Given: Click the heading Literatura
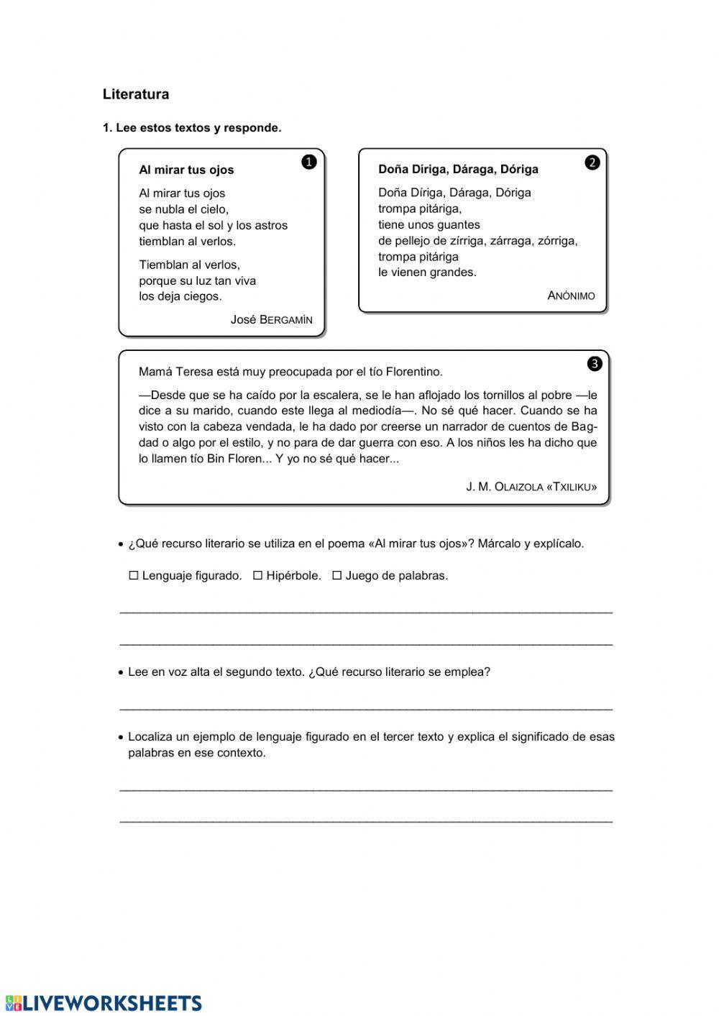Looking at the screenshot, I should (x=136, y=94).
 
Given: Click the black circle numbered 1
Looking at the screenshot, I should (x=308, y=162).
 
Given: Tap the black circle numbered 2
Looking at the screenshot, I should (x=592, y=163).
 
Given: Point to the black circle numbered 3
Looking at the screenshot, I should (x=595, y=364).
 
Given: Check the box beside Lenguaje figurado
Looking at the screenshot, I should (x=133, y=575).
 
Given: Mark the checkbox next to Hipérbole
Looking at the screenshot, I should (x=257, y=575).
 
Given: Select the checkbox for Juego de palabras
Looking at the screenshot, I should (x=336, y=575).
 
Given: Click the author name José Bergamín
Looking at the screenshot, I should (x=271, y=320).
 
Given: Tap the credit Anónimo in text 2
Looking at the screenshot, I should (x=571, y=296).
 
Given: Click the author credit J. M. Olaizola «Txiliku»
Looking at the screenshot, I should (x=531, y=487).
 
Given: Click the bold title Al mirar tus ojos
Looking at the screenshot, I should (x=186, y=170).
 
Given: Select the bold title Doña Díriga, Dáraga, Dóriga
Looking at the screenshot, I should (x=458, y=170).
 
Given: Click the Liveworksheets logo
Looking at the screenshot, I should (x=104, y=1003).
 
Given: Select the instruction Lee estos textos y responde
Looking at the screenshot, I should (x=192, y=128).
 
